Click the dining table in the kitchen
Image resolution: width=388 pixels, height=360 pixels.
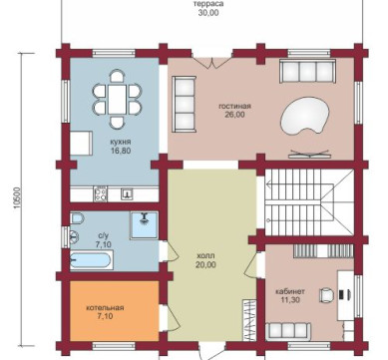[x=117, y=99]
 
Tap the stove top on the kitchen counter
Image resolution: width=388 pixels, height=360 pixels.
[x=101, y=193]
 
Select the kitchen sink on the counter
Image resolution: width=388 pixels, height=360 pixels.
[x=127, y=192]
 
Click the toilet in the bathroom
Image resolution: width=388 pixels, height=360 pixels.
[x=77, y=218]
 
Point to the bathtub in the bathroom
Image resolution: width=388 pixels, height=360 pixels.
[x=92, y=259]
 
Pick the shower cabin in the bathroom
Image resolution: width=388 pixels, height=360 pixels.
[x=144, y=225]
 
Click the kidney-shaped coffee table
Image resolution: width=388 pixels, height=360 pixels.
[x=304, y=116]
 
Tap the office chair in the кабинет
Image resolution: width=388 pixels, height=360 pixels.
[x=327, y=294]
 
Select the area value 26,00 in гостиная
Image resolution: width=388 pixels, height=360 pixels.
[x=234, y=115]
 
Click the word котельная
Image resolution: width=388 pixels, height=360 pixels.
[x=105, y=308]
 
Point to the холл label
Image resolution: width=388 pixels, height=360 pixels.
[x=206, y=256]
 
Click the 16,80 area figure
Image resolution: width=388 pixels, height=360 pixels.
[x=121, y=151]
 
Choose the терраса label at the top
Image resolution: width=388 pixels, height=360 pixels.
[x=208, y=4]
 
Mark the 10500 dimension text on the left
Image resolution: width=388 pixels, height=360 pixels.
[x=18, y=198]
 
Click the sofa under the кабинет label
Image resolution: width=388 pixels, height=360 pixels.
[x=288, y=331]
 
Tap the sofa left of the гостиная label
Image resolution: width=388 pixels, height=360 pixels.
[x=184, y=104]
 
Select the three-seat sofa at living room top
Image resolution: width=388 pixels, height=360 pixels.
[x=307, y=71]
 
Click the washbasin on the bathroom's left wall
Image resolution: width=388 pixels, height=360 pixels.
[x=74, y=237]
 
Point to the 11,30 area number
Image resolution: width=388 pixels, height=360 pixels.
[x=290, y=300]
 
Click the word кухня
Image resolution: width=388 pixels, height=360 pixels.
[x=121, y=142]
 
